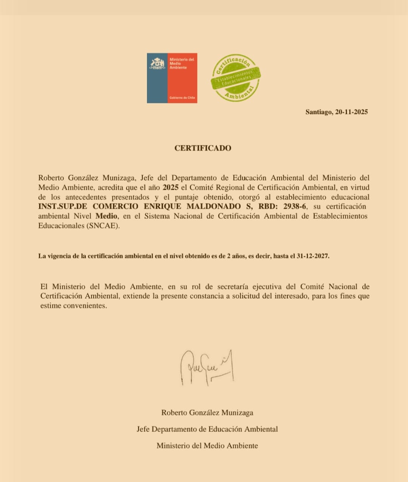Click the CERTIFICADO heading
pyautogui.click(x=202, y=148)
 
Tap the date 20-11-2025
pyautogui.click(x=351, y=112)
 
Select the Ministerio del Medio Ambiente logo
pyautogui.click(x=172, y=78)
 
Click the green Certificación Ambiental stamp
pyautogui.click(x=236, y=78)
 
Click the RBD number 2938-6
pyautogui.click(x=295, y=207)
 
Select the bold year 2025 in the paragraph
pyautogui.click(x=170, y=187)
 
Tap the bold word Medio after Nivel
pyautogui.click(x=106, y=216)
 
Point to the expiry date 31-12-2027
pyautogui.click(x=312, y=256)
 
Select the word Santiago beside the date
pyautogui.click(x=318, y=112)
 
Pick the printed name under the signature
pyautogui.click(x=207, y=413)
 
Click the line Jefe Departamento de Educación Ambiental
pyautogui.click(x=207, y=429)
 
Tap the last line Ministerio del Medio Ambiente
pyautogui.click(x=207, y=446)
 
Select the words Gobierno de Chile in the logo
pyautogui.click(x=182, y=98)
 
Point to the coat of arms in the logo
pyautogui.click(x=157, y=64)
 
